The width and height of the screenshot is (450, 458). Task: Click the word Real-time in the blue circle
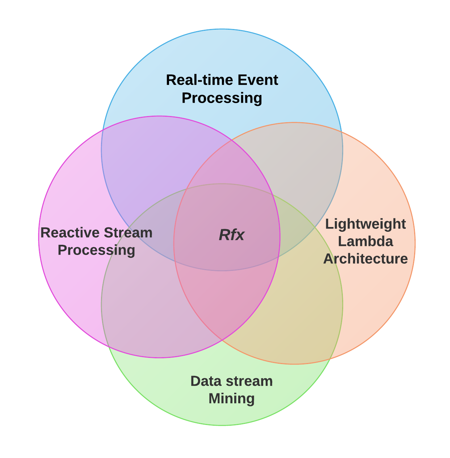[194, 80]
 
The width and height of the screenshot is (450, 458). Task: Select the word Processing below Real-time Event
[222, 98]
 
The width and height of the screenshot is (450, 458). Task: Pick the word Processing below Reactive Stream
[96, 250]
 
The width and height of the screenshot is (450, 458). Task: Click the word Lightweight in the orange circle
[365, 224]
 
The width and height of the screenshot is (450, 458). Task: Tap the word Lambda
[365, 242]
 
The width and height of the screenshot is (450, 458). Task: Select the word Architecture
[365, 259]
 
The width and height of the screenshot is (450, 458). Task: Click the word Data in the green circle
[204, 381]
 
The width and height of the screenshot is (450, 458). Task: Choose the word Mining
[231, 399]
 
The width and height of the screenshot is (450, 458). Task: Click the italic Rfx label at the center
[231, 235]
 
